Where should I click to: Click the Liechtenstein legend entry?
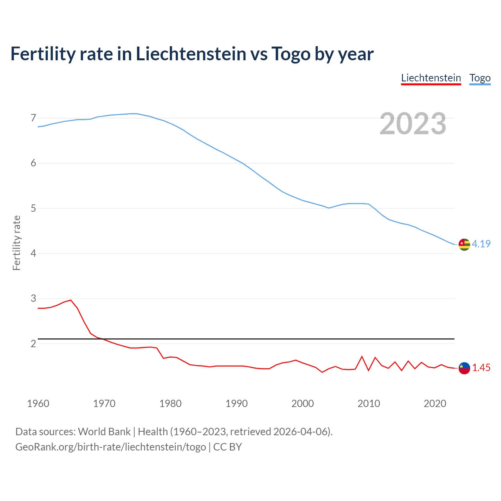[x=431, y=78]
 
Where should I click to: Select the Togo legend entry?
[x=480, y=78]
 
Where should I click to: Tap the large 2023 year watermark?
[x=413, y=124]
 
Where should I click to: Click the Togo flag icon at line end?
[x=464, y=244]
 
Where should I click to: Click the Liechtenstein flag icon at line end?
[x=464, y=368]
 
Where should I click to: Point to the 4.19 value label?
[x=481, y=244]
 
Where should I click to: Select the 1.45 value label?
[x=481, y=368]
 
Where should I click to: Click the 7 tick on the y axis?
[x=33, y=118]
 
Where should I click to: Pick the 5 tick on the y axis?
[x=33, y=208]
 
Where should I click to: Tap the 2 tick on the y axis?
[x=33, y=344]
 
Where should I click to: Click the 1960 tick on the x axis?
[x=38, y=404]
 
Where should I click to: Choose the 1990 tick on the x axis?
[x=236, y=404]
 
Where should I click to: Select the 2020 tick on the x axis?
[x=435, y=404]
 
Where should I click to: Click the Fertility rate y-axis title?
[x=16, y=243]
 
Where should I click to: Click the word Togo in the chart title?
[x=291, y=54]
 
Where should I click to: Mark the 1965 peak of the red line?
[x=71, y=300]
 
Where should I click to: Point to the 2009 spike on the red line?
[x=362, y=357]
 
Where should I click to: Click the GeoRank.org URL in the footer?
[x=110, y=447]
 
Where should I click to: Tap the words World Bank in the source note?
[x=104, y=431]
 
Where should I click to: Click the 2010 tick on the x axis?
[x=369, y=404]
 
